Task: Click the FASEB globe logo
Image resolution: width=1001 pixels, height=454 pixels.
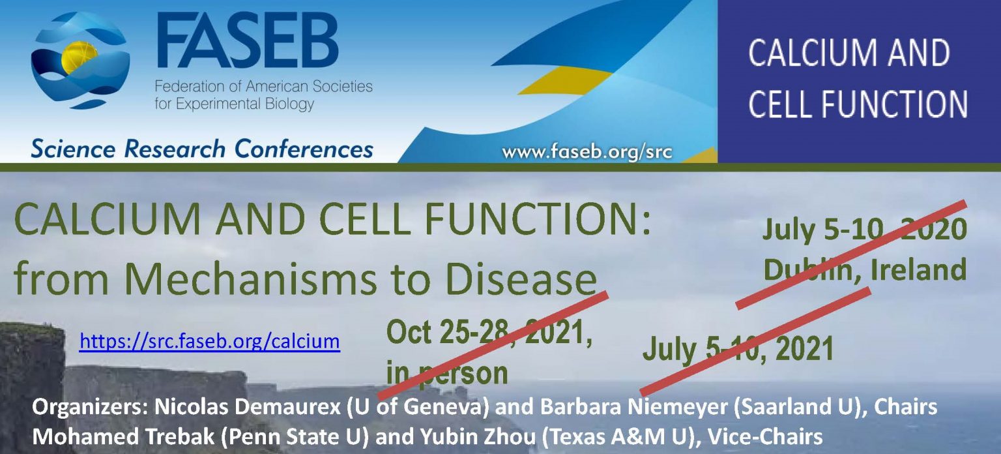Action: pyautogui.click(x=80, y=60)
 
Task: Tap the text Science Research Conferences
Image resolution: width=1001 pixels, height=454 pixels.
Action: pyautogui.click(x=201, y=149)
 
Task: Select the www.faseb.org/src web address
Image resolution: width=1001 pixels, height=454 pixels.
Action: pyautogui.click(x=587, y=153)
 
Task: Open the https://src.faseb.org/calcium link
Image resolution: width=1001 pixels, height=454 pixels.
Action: pyautogui.click(x=209, y=340)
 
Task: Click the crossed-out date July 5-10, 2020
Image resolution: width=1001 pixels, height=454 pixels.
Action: pyautogui.click(x=864, y=230)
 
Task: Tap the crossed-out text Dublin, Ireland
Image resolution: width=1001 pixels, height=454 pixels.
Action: pyautogui.click(x=864, y=269)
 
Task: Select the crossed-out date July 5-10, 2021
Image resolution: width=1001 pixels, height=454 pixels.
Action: pyautogui.click(x=738, y=349)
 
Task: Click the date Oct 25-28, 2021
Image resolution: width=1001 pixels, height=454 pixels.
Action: pyautogui.click(x=489, y=333)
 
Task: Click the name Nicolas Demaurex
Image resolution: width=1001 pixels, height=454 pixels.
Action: pyautogui.click(x=248, y=408)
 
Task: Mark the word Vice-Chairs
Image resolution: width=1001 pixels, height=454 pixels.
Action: pyautogui.click(x=769, y=435)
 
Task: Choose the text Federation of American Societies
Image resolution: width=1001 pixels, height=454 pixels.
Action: pyautogui.click(x=263, y=87)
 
